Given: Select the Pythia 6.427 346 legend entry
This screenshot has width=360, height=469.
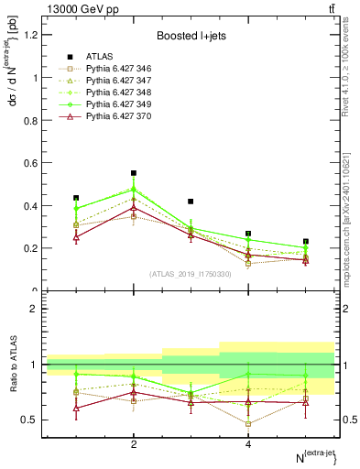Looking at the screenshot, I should click(x=114, y=69).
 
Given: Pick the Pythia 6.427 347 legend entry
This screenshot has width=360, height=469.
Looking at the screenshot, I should click(x=114, y=81).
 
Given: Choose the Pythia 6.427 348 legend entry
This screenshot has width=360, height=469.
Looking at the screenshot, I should click(x=114, y=93).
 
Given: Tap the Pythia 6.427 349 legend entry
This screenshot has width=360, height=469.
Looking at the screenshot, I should click(x=114, y=104).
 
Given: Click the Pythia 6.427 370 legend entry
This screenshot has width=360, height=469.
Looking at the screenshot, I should click(x=114, y=116).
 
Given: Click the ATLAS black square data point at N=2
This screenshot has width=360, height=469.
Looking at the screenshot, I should click(x=134, y=173).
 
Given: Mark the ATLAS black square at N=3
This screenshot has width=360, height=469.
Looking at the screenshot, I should click(x=191, y=202).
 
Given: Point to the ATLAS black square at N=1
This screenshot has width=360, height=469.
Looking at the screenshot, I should click(x=76, y=198).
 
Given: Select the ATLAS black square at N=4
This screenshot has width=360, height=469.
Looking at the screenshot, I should click(x=248, y=234).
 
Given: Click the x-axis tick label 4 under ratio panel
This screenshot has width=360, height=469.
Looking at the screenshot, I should click(x=248, y=444).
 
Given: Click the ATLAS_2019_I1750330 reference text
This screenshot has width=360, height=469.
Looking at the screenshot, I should click(x=191, y=274).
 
